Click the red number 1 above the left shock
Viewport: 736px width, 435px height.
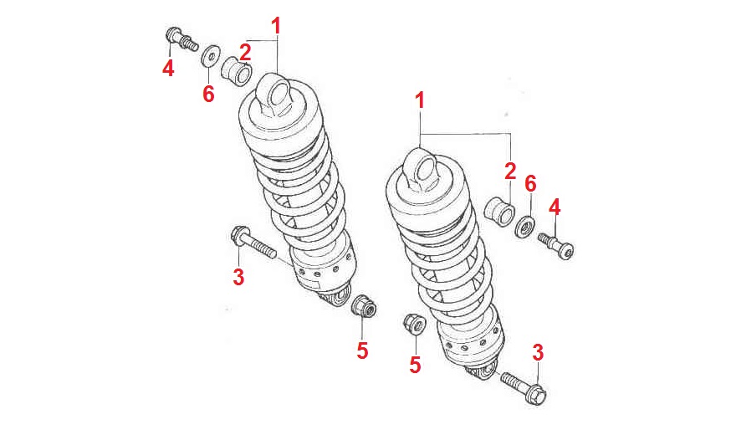[276, 25]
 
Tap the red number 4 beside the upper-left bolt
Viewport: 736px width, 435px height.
[168, 68]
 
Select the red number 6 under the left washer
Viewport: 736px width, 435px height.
[208, 94]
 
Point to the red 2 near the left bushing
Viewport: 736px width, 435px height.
[246, 50]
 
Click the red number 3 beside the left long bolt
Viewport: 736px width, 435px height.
[238, 276]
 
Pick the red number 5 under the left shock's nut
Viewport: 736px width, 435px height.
[362, 351]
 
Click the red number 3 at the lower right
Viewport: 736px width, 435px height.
[538, 352]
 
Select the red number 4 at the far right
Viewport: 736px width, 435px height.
[555, 206]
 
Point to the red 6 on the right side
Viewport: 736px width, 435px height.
[529, 183]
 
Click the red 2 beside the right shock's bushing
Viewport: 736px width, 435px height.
[510, 171]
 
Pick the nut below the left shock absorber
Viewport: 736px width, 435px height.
[365, 308]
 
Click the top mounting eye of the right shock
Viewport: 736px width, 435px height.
[422, 167]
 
